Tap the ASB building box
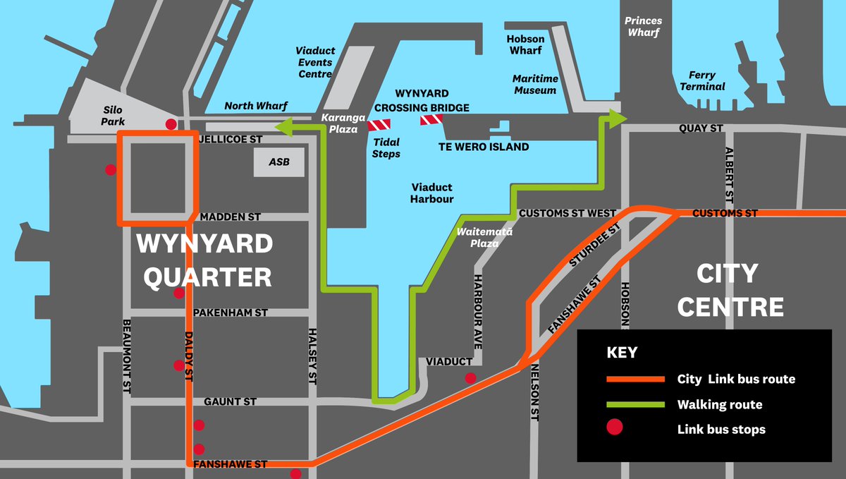click(279, 162)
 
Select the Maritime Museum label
click(535, 84)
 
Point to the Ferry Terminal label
click(702, 80)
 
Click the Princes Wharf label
click(643, 26)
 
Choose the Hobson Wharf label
click(525, 44)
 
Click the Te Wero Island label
click(484, 147)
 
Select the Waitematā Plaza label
click(484, 237)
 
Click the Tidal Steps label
click(386, 148)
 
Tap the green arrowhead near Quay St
click(617, 119)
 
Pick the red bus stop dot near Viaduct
click(470, 377)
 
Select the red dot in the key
click(615, 428)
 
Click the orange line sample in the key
click(634, 379)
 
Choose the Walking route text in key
click(720, 404)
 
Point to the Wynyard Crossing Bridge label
click(421, 100)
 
